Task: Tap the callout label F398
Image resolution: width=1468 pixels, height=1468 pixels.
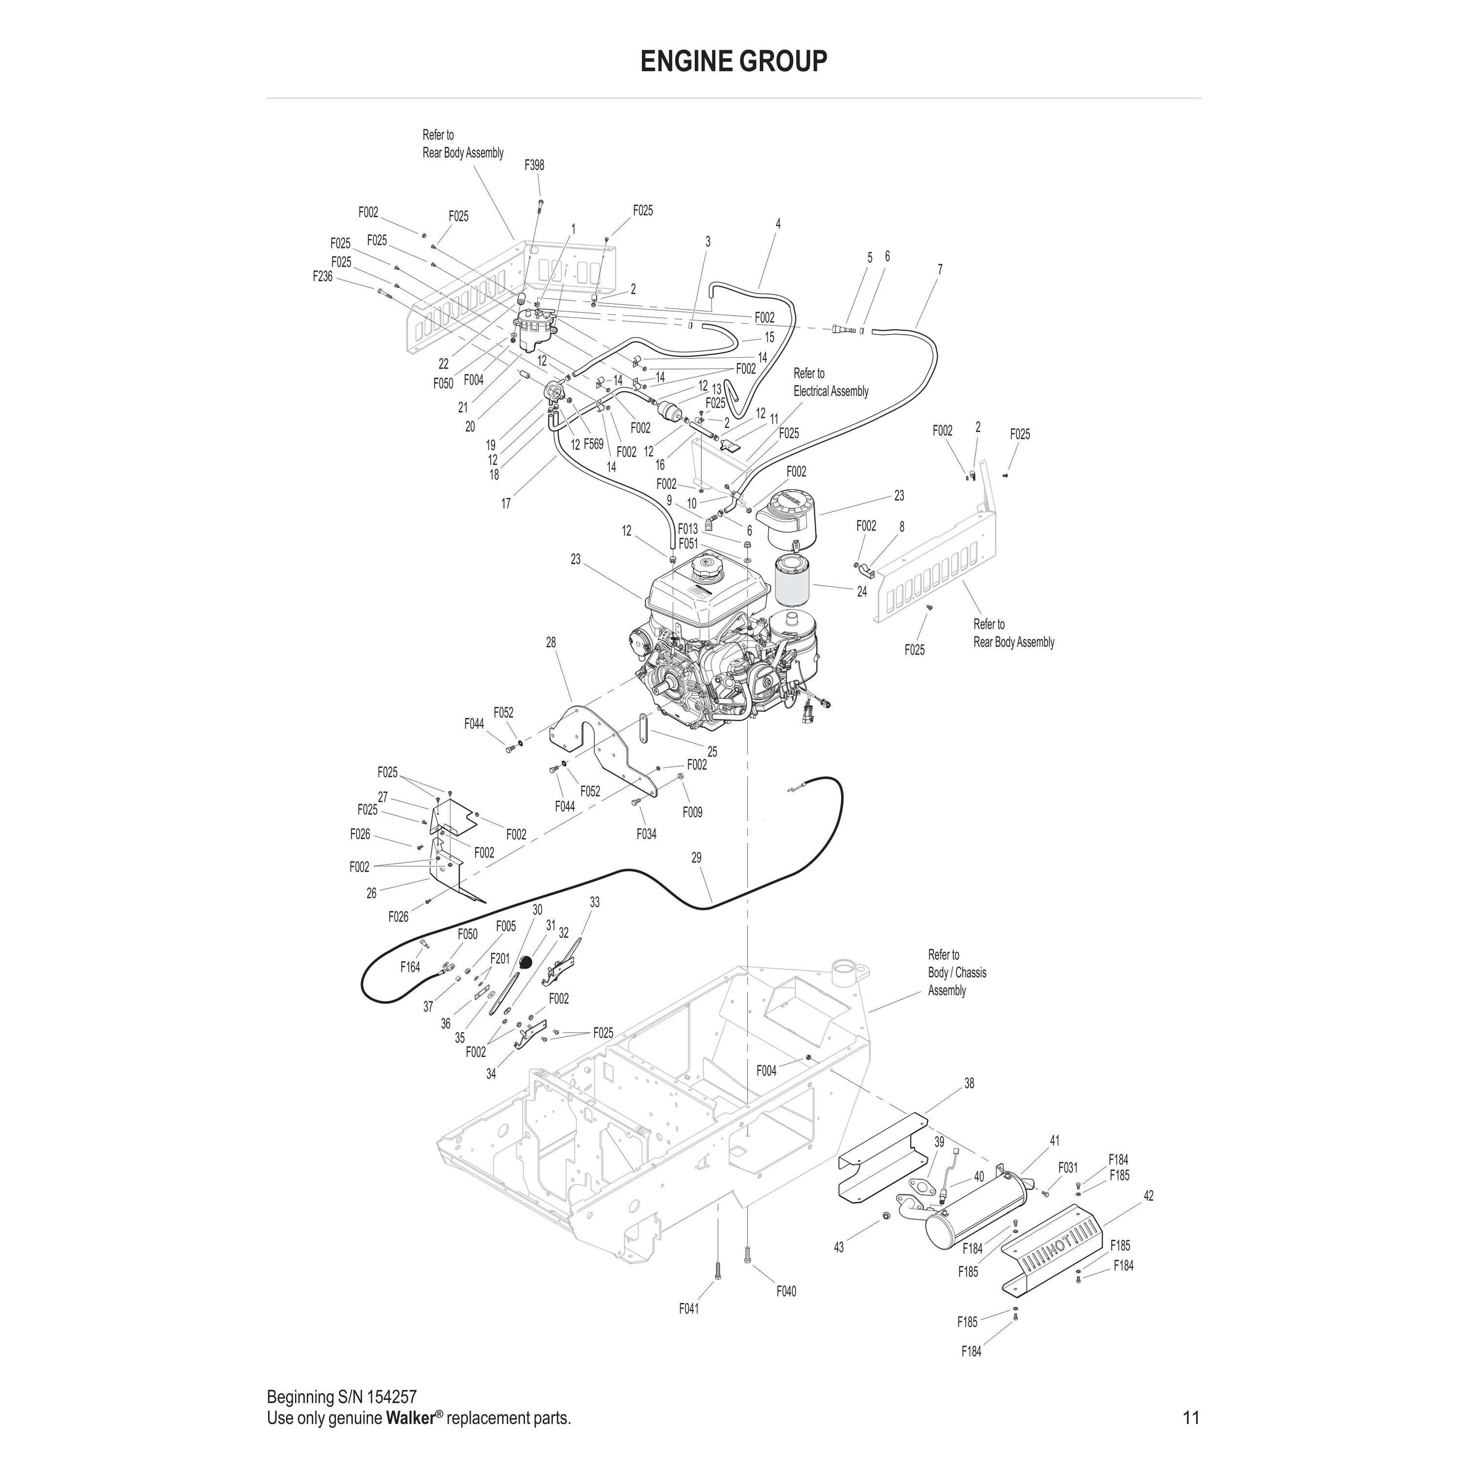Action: tap(534, 165)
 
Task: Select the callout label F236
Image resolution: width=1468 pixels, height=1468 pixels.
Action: tap(323, 276)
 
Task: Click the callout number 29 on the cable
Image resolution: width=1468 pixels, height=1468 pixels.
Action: tap(696, 858)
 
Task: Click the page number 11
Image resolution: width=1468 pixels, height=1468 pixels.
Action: tap(1191, 1418)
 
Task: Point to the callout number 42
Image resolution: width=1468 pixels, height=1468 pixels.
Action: tap(1148, 1196)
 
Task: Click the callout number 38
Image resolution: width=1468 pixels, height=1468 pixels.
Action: tap(969, 1083)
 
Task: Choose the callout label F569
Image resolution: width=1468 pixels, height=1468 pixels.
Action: tap(594, 444)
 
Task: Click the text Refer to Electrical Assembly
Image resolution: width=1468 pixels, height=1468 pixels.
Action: tap(830, 382)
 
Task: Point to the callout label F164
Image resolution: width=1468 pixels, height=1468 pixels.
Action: tap(411, 967)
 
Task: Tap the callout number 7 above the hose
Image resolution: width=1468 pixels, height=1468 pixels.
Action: tap(940, 270)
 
